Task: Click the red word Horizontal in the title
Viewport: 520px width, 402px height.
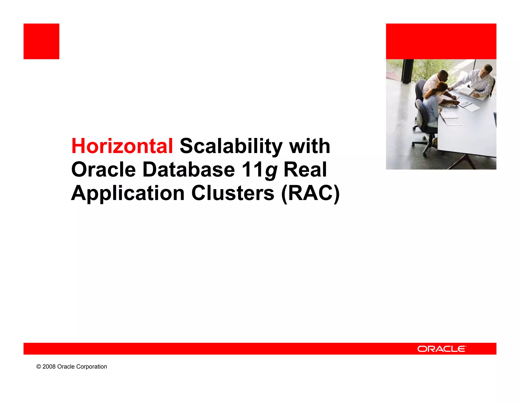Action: [122, 146]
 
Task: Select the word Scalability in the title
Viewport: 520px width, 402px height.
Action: [231, 147]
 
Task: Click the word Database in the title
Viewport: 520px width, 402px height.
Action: [189, 170]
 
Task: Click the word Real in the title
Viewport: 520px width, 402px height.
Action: [305, 170]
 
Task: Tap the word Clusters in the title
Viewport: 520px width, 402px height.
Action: [233, 193]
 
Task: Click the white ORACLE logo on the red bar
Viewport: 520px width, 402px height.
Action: [442, 349]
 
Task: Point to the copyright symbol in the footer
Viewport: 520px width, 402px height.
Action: [39, 367]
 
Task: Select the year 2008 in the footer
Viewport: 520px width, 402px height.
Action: [49, 367]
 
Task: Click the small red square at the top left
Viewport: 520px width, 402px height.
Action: [41, 41]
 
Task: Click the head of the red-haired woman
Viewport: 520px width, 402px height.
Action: [442, 88]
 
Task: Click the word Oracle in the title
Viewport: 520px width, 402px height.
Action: [103, 170]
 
